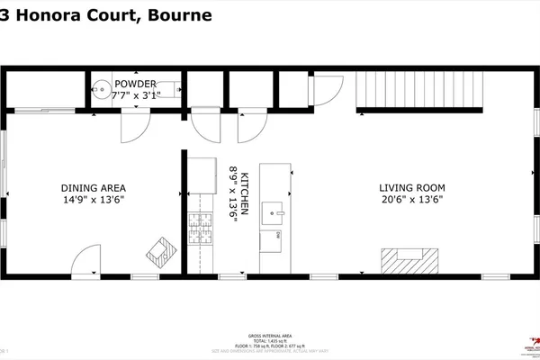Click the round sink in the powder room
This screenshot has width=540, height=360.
click(102, 90)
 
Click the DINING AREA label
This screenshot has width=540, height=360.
click(93, 188)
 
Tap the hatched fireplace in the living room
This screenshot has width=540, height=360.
click(409, 260)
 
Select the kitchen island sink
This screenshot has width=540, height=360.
click(274, 213)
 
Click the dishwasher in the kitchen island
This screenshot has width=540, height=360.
click(275, 240)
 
